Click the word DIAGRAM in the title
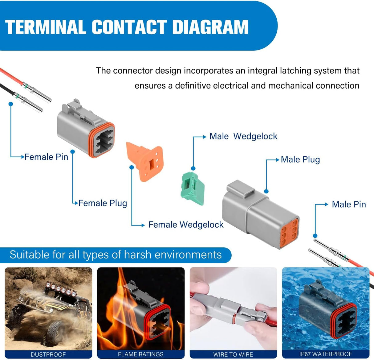[x=210, y=27]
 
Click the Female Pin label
[x=46, y=157]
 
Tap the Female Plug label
[x=103, y=203]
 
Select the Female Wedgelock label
[x=186, y=225]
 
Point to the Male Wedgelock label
[x=243, y=136]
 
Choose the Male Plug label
[x=300, y=160]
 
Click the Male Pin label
[x=349, y=205]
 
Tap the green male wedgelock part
[x=192, y=188]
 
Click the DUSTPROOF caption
[x=48, y=354]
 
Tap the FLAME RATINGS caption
[x=141, y=354]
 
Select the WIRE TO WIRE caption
[x=233, y=354]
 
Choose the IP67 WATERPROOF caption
[x=326, y=354]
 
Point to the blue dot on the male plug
[x=266, y=191]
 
